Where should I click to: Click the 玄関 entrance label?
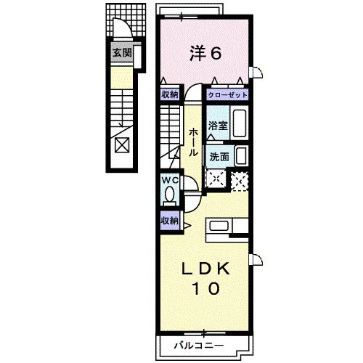123,52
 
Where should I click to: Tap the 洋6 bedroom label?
205,54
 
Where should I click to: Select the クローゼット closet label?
228,95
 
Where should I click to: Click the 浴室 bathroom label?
218,126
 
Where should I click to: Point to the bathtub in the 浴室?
240,123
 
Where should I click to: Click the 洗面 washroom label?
219,157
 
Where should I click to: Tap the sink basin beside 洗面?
241,156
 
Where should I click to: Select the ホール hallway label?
193,142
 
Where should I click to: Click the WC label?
170,180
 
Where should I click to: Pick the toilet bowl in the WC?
170,194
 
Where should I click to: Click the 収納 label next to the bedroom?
170,94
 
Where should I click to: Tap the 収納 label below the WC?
170,221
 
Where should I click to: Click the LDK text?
205,269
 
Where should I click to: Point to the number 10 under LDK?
206,288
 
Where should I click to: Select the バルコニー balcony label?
199,346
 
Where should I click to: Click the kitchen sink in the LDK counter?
219,226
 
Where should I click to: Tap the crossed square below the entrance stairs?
122,145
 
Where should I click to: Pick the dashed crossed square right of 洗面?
240,181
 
